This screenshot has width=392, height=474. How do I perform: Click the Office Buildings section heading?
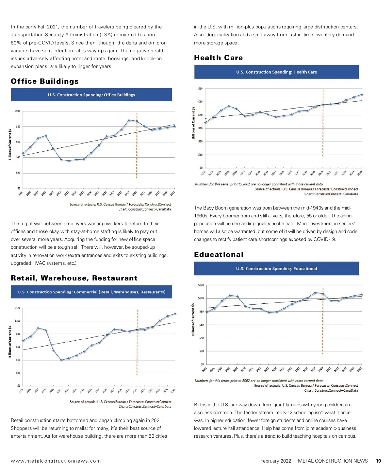pyautogui.click(x=45, y=81)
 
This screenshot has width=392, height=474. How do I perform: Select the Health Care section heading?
pyautogui.click(x=218, y=58)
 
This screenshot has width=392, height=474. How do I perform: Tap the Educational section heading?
pyautogui.click(x=219, y=255)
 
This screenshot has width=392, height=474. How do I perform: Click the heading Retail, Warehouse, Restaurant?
pyautogui.click(x=74, y=278)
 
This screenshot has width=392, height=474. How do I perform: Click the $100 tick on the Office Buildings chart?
pyautogui.click(x=17, y=111)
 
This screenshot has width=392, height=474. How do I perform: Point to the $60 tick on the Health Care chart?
pyautogui.click(x=200, y=89)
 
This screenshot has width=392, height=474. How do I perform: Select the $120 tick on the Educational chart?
pyautogui.click(x=201, y=285)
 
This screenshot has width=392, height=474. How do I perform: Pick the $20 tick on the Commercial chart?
pyautogui.click(x=18, y=373)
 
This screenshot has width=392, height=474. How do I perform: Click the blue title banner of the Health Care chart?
pyautogui.click(x=276, y=72)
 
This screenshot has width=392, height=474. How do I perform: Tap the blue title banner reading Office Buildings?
pyautogui.click(x=91, y=95)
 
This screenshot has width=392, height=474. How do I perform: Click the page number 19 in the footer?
pyautogui.click(x=378, y=461)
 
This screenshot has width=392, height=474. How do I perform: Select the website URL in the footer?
pyautogui.click(x=56, y=461)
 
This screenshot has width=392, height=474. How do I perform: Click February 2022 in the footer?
pyautogui.click(x=275, y=461)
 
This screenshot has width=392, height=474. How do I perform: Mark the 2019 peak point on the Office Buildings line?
pyautogui.click(x=129, y=120)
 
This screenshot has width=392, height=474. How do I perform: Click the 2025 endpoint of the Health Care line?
pyautogui.click(x=362, y=95)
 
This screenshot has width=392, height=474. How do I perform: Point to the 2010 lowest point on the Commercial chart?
pyautogui.click(x=61, y=360)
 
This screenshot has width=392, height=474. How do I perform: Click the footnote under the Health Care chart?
pyautogui.click(x=259, y=184)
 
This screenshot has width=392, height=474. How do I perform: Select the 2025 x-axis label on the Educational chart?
pyautogui.click(x=359, y=369)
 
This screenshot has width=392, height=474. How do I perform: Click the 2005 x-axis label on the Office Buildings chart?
pyautogui.click(x=21, y=194)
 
